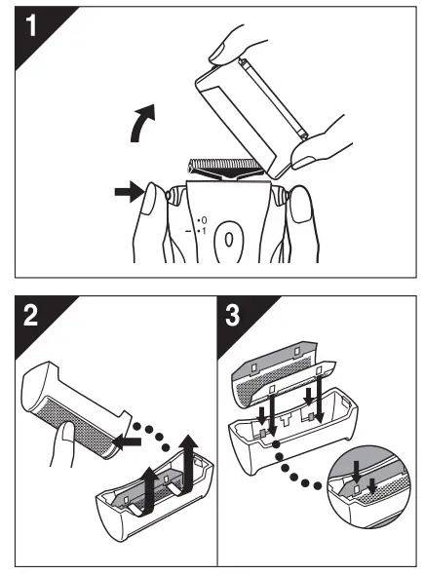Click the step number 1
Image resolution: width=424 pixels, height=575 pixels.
pyautogui.click(x=31, y=24)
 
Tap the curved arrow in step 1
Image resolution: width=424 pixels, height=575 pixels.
pyautogui.click(x=143, y=123)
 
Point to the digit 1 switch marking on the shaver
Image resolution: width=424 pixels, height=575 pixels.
pyautogui.click(x=204, y=231)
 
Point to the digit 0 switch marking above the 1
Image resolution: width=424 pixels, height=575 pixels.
pyautogui.click(x=204, y=220)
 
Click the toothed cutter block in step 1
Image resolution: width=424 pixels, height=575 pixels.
pyautogui.click(x=224, y=166)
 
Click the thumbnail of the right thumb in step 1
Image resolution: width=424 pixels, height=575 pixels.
pyautogui.click(x=300, y=207)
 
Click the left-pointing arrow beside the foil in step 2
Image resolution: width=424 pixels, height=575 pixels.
pyautogui.click(x=127, y=441)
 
